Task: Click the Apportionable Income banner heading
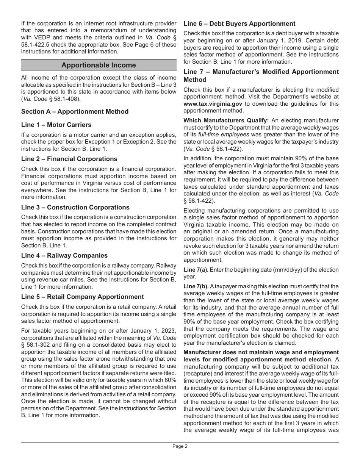point(99,65)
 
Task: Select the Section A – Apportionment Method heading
point(75,111)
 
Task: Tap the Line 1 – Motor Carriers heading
point(56,125)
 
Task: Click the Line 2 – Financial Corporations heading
point(69,159)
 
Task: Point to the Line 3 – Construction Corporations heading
point(75,207)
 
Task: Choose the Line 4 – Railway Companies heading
point(64,255)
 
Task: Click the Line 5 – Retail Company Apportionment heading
point(82,297)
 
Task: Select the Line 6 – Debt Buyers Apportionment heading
point(239,23)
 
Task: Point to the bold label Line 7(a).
point(196,270)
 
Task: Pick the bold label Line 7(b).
point(196,286)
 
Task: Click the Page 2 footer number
point(180,446)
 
